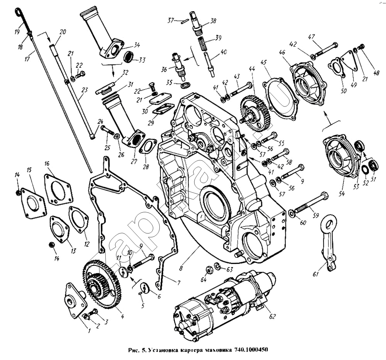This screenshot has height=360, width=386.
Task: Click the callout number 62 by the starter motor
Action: click(x=273, y=317)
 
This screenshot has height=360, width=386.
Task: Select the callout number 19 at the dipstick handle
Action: click(x=17, y=32)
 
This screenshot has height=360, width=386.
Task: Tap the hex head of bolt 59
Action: click(x=324, y=196)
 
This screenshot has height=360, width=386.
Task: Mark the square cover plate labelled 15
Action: click(x=33, y=203)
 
